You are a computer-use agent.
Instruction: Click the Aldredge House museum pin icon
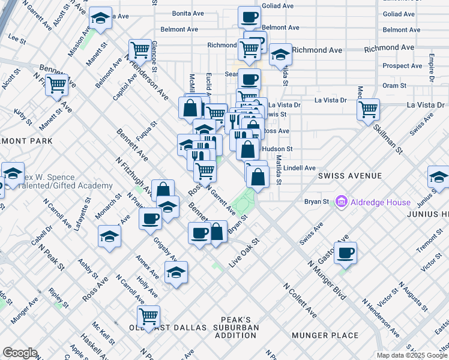(x=342, y=202)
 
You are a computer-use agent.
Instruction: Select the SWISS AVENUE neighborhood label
(x=349, y=176)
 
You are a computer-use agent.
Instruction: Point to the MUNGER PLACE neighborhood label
(x=324, y=335)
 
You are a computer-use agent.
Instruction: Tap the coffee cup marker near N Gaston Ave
(x=345, y=253)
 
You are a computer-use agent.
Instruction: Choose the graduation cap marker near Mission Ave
(x=100, y=19)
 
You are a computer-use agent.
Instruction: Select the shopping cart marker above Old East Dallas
(x=148, y=316)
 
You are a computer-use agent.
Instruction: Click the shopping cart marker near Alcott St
(x=56, y=86)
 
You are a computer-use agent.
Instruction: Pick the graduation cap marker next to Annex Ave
(x=176, y=272)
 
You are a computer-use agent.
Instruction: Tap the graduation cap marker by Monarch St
(x=110, y=236)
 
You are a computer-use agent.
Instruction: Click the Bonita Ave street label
(x=189, y=13)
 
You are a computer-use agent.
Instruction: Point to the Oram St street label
(x=394, y=85)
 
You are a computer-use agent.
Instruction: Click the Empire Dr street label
(x=431, y=68)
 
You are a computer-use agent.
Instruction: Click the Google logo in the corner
(x=20, y=353)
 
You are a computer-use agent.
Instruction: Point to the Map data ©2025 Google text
(x=412, y=355)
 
